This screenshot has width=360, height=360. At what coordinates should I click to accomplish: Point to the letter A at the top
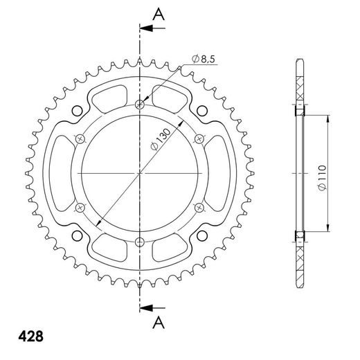(x=158, y=13)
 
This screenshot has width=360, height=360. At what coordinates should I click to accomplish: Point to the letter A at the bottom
(x=158, y=321)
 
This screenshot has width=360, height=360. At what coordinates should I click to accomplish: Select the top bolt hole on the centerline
(x=141, y=105)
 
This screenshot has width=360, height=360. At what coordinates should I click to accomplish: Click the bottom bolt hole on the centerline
(x=141, y=241)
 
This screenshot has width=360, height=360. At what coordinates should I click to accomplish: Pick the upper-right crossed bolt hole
(x=199, y=138)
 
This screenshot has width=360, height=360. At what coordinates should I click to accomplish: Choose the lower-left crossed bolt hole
(x=80, y=206)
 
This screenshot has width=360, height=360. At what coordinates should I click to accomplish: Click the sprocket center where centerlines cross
(x=141, y=172)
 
